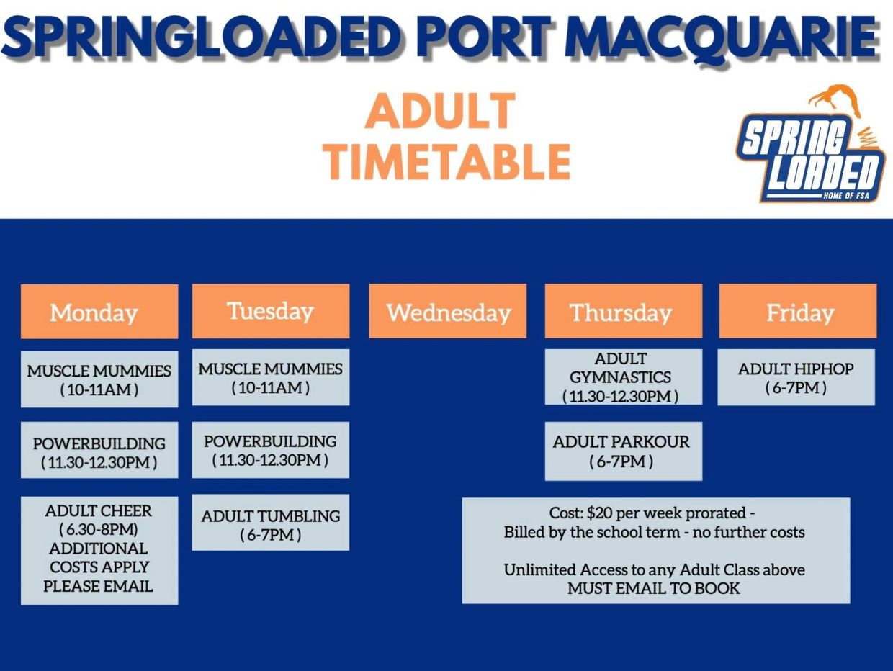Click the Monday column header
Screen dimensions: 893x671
click(x=99, y=312)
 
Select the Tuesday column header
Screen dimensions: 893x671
click(x=271, y=311)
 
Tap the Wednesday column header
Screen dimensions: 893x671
click(x=447, y=311)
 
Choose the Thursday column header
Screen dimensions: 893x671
click(x=624, y=311)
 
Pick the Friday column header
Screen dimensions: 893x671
click(x=798, y=311)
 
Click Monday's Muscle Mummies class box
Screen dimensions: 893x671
click(x=99, y=379)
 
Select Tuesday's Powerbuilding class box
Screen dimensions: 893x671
click(x=271, y=450)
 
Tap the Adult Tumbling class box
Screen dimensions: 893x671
click(x=271, y=523)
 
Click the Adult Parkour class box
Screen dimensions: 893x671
click(x=624, y=451)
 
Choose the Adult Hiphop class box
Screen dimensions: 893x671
click(x=796, y=377)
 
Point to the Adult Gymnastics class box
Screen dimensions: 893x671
click(x=624, y=377)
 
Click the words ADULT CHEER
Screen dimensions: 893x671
click(x=99, y=510)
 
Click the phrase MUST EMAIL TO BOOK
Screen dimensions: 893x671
click(x=654, y=588)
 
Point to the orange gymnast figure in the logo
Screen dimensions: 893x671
click(x=835, y=100)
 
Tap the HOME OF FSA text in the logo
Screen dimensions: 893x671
click(x=846, y=196)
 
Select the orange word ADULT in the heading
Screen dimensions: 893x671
click(x=440, y=111)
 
